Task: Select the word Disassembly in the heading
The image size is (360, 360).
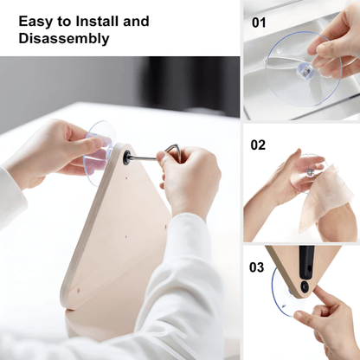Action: [64, 39]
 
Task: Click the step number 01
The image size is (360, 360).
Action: [259, 22]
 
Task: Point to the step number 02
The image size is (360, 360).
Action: [258, 145]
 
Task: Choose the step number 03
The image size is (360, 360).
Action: [256, 267]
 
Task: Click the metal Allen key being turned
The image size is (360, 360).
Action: [156, 154]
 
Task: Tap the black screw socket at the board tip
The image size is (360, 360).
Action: [126, 157]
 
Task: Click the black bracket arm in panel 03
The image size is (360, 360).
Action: [306, 260]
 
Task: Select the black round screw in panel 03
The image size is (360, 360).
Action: [304, 286]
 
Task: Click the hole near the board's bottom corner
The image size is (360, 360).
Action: [79, 290]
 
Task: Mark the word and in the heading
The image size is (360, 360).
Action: [136, 22]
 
